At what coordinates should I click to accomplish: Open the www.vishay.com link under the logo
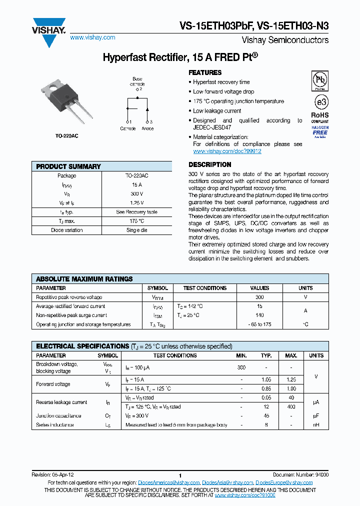92,37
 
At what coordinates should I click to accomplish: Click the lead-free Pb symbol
320,79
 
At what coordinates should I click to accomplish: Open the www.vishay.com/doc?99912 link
227,151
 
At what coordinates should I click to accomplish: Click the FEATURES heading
205,72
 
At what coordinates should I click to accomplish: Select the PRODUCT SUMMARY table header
68,166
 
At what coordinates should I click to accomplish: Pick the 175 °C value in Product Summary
136,221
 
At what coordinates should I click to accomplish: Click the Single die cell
136,230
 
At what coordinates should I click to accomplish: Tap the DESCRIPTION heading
209,164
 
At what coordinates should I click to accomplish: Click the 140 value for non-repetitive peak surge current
259,315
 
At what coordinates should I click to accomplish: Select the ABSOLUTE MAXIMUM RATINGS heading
84,279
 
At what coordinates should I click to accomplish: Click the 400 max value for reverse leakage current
290,406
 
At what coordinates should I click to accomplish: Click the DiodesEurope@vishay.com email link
284,482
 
